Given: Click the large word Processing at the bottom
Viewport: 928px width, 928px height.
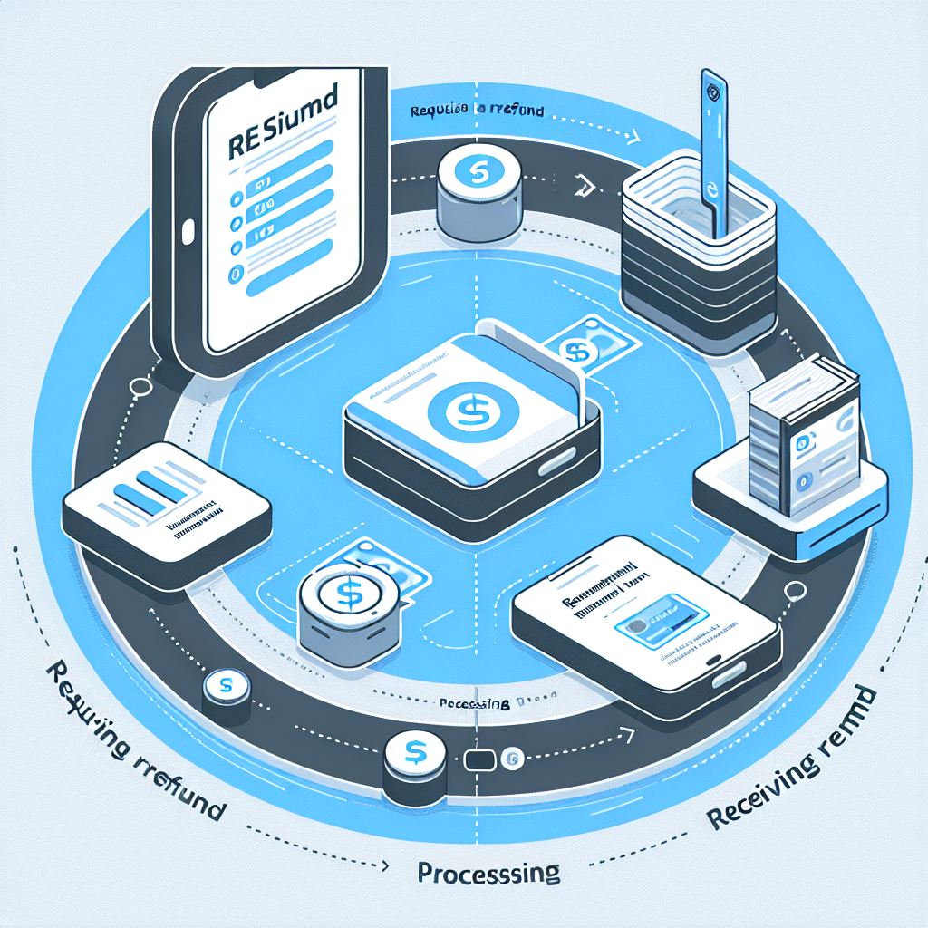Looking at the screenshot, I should (488, 874).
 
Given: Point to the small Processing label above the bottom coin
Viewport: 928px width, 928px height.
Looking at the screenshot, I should (472, 703).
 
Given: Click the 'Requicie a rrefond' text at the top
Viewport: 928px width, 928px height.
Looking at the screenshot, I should (476, 111).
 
